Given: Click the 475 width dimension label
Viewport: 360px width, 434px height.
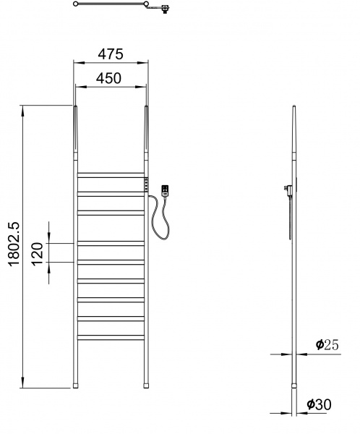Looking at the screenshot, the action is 111,54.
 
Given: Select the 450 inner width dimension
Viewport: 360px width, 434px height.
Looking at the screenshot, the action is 108,78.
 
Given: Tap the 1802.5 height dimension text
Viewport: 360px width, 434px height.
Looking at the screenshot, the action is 14,244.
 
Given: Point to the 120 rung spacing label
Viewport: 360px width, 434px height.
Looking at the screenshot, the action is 37,254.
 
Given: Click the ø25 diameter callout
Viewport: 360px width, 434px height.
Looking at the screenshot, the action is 327,345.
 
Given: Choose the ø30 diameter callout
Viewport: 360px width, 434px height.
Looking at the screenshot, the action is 319,404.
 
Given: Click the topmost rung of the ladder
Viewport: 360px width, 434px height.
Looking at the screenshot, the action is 111,175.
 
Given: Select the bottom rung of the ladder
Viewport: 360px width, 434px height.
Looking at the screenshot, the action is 111,337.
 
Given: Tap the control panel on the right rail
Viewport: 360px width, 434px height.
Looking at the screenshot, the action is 146,184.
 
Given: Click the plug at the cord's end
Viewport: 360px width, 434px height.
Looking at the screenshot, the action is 165,191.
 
